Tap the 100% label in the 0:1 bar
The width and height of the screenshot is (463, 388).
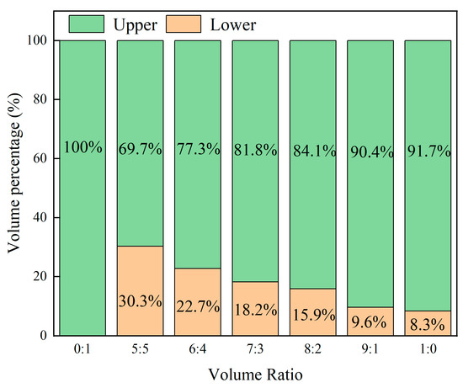(x=82, y=148)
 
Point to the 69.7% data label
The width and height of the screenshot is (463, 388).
(x=140, y=148)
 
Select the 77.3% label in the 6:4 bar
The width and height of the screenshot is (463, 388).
(x=197, y=148)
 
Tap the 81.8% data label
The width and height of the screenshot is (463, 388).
(x=255, y=148)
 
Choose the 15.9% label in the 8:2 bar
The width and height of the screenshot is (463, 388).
(x=312, y=317)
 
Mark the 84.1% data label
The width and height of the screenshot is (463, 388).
(x=312, y=148)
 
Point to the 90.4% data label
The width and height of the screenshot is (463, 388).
(x=370, y=148)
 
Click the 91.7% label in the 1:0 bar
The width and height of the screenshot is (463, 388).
(x=428, y=148)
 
